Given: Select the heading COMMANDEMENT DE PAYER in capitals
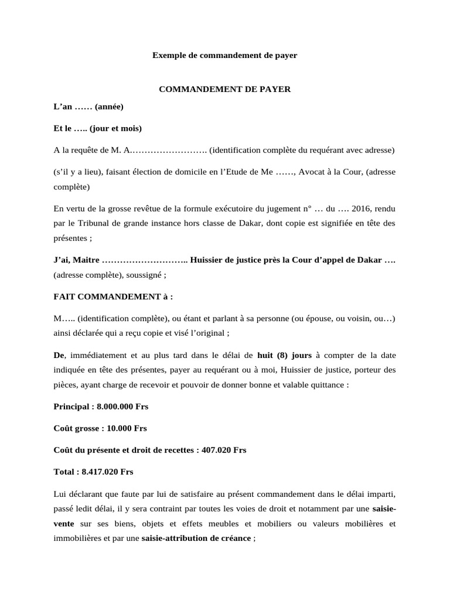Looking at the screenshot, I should tap(225, 89).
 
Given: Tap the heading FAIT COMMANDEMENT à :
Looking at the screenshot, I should tap(113, 296).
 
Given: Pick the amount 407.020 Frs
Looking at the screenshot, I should tap(224, 450).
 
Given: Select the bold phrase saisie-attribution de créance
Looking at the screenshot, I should tap(196, 538).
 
